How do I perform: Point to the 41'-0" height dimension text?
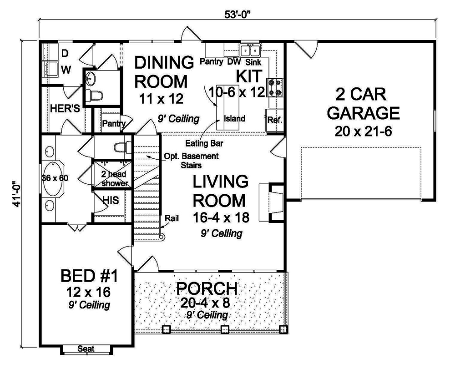click(17, 193)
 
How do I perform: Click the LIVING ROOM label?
click(221, 191)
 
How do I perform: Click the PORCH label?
click(207, 289)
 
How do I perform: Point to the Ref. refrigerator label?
click(275, 121)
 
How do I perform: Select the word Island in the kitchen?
click(234, 119)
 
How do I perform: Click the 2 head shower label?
click(111, 178)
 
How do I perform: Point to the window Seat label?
click(86, 349)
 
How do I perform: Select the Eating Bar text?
click(201, 143)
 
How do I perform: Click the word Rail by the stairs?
click(172, 218)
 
